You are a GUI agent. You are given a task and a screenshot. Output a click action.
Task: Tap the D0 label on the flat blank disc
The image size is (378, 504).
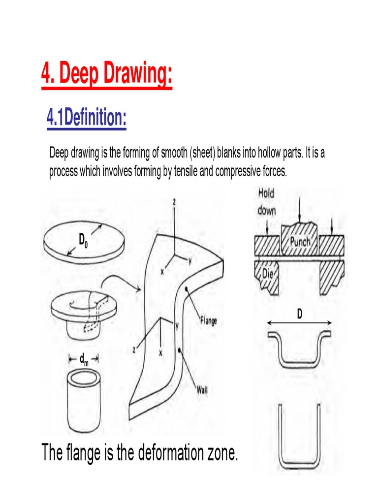pos(83,241)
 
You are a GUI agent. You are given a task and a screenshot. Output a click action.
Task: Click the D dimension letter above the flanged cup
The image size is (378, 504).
pos(299,314)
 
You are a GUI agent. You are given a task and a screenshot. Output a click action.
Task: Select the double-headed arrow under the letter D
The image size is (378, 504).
pos(299,323)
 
